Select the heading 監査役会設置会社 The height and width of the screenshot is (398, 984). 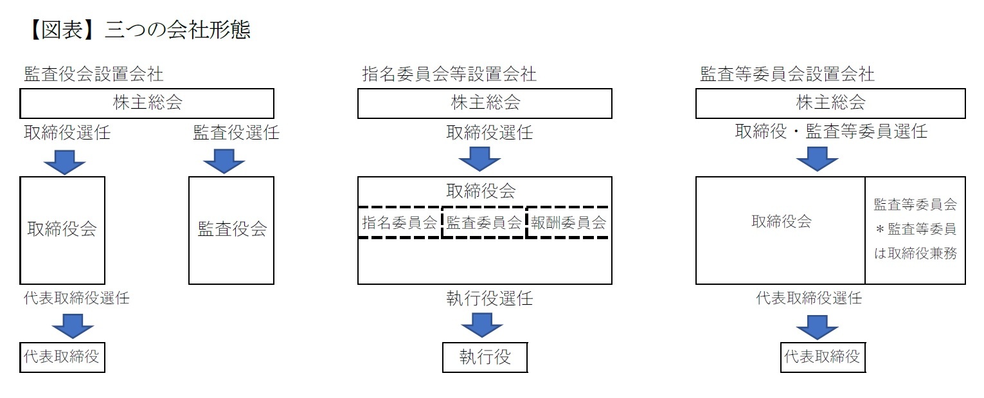pyautogui.click(x=94, y=74)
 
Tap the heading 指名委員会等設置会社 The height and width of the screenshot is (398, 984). pyautogui.click(x=449, y=74)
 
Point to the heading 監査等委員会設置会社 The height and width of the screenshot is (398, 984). pyautogui.click(x=787, y=74)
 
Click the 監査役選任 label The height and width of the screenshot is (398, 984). pyautogui.click(x=237, y=133)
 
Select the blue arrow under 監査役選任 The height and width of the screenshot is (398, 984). pyautogui.click(x=224, y=161)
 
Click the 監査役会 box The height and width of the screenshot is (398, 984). pyautogui.click(x=231, y=230)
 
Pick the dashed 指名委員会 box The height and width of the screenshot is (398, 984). pyautogui.click(x=400, y=222)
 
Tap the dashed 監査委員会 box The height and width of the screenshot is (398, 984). pyautogui.click(x=484, y=222)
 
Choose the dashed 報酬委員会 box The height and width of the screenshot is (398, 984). pyautogui.click(x=568, y=222)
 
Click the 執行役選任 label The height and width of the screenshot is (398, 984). pyautogui.click(x=490, y=298)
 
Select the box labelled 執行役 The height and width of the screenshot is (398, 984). pyautogui.click(x=485, y=357)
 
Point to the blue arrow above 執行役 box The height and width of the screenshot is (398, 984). pyautogui.click(x=482, y=325)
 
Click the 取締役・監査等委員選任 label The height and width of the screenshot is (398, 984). pyautogui.click(x=831, y=132)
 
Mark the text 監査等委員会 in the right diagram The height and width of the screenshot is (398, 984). pyautogui.click(x=915, y=205)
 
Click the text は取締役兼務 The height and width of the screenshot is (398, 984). pyautogui.click(x=915, y=253)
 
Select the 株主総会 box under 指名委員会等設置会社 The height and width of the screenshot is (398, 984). pyautogui.click(x=485, y=103)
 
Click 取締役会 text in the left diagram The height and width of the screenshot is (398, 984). pyautogui.click(x=62, y=230)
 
